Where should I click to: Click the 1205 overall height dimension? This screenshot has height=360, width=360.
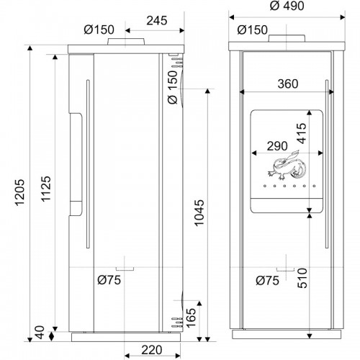(20, 192)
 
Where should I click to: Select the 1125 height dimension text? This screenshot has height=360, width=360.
(45, 189)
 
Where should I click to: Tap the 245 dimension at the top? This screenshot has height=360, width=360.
(157, 21)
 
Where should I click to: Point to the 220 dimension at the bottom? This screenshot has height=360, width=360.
(151, 350)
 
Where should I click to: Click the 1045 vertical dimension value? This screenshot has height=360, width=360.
(199, 213)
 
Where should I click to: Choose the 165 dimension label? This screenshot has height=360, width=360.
(192, 318)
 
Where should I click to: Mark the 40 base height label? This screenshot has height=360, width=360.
(40, 332)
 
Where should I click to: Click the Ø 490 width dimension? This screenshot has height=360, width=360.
(287, 6)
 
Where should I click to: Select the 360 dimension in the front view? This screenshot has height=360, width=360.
(288, 84)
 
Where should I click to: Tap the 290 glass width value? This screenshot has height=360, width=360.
(277, 146)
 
